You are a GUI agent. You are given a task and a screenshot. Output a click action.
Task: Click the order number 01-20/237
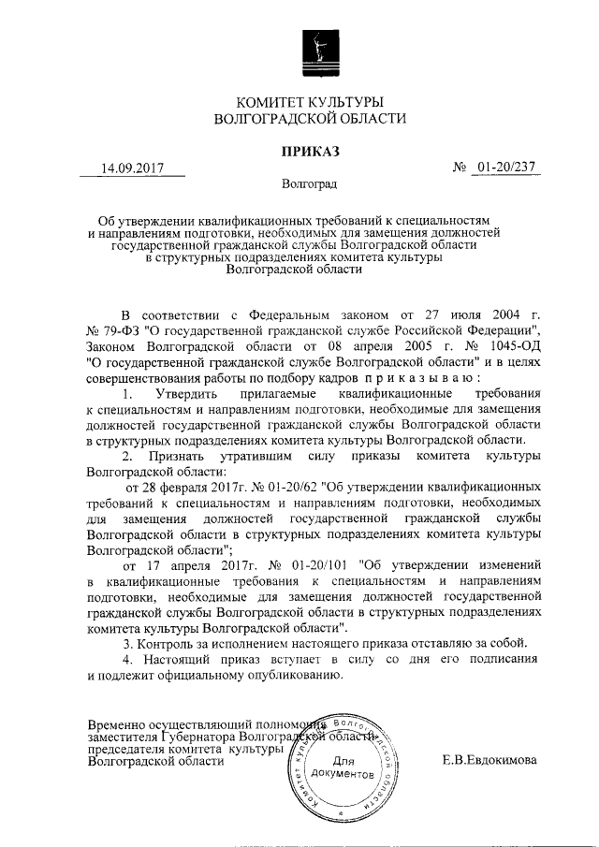point(511,168)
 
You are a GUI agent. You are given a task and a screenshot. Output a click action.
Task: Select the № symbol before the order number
point(460,168)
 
